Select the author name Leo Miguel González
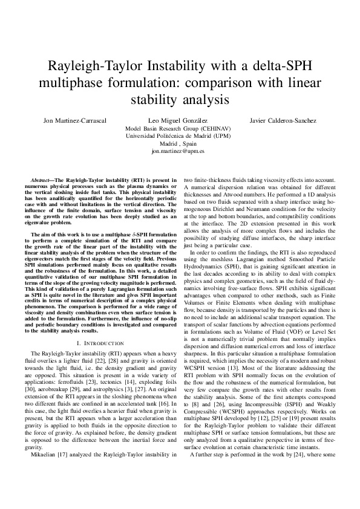[x=180, y=121]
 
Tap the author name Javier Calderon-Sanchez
[x=283, y=121]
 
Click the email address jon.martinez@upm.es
[x=180, y=153]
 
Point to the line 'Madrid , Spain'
[x=180, y=145]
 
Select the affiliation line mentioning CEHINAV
[x=180, y=129]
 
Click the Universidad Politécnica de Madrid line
[x=180, y=137]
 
